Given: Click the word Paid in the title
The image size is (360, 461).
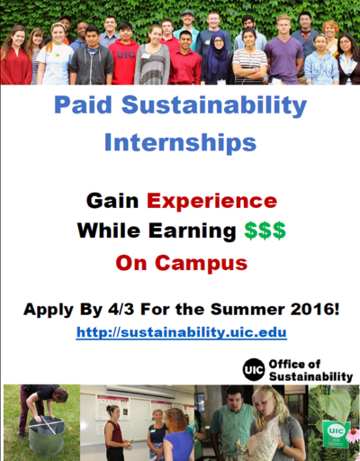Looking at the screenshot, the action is coord(83,104).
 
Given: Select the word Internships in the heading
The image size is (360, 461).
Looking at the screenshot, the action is coord(180,143).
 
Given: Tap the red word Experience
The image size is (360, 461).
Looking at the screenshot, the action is coord(211,201).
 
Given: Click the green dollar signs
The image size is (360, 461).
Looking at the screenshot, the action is coord(265,230).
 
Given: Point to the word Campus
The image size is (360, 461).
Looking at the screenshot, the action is coord(201,263).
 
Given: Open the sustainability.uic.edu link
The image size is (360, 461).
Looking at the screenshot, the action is coord(182,332).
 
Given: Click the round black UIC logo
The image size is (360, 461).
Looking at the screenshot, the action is coord(254,370).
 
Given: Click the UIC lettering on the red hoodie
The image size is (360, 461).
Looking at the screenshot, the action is coord(126,55).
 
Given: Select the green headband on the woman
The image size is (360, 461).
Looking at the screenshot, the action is coord(58,26).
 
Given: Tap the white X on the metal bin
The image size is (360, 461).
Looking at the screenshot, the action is coord(47,424).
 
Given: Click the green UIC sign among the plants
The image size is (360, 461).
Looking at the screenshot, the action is coord(336,434).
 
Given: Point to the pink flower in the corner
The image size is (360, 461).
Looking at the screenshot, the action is coord(353,434).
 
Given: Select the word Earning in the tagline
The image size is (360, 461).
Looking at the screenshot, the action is coord(193,230).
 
